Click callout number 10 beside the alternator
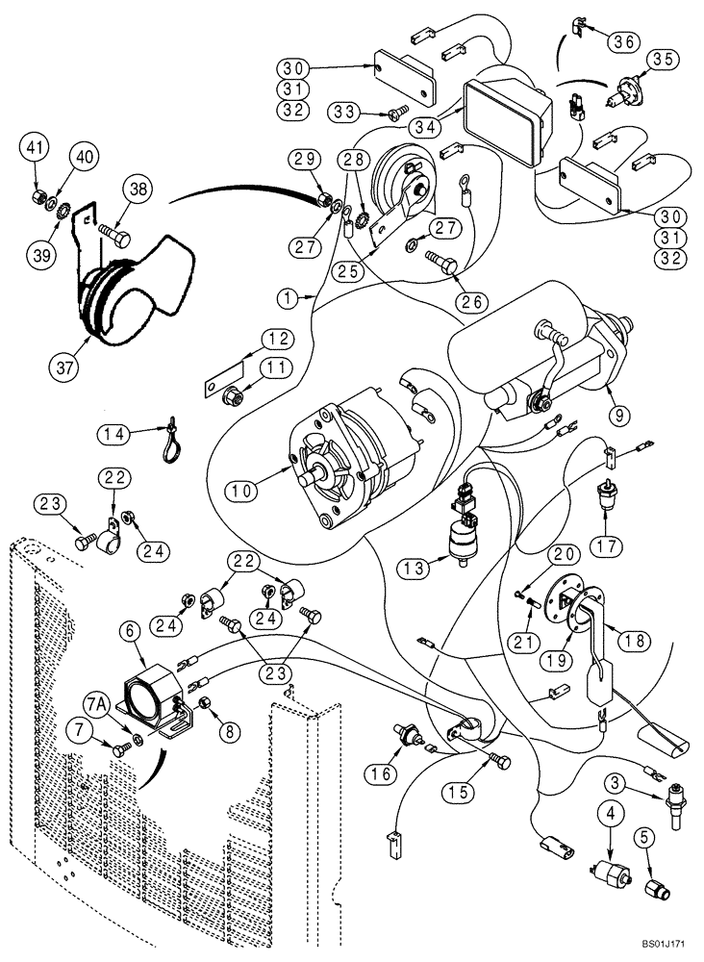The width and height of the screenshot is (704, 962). click(x=243, y=491)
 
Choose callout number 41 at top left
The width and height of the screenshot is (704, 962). click(x=35, y=147)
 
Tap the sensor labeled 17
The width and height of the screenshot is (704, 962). click(x=608, y=496)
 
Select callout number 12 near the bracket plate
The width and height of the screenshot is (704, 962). click(x=278, y=339)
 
